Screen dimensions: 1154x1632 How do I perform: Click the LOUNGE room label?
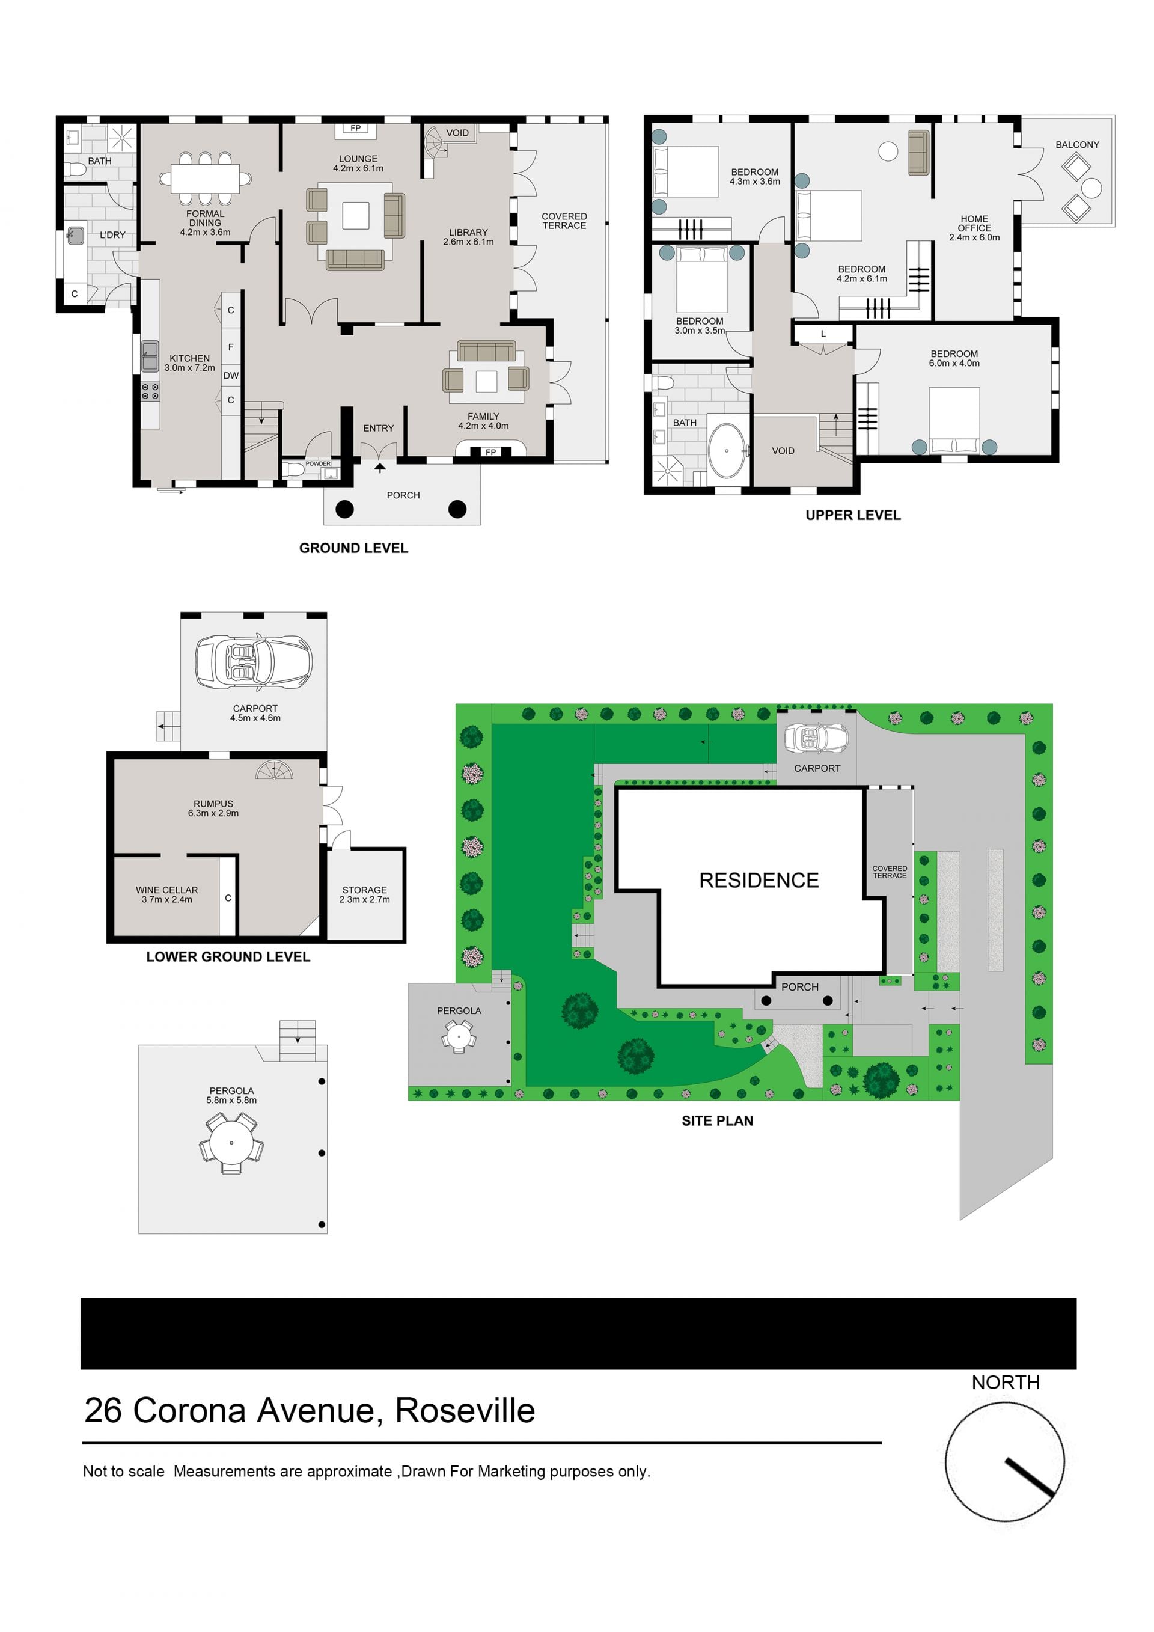pyautogui.click(x=358, y=159)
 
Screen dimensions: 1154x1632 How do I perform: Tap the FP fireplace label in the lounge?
pyautogui.click(x=355, y=128)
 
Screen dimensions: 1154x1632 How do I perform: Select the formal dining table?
pyautogui.click(x=206, y=179)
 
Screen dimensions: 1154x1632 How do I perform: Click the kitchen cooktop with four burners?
pyautogui.click(x=150, y=392)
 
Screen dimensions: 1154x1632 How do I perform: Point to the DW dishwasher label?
pyautogui.click(x=231, y=375)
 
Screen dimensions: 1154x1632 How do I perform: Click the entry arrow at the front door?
pyautogui.click(x=380, y=467)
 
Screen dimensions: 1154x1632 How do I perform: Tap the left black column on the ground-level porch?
pyautogui.click(x=344, y=509)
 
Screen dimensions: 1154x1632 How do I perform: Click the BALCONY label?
pyautogui.click(x=1076, y=144)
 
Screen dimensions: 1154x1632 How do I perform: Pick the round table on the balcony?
pyautogui.click(x=1091, y=188)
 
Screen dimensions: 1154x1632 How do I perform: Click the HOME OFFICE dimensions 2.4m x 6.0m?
pyautogui.click(x=974, y=237)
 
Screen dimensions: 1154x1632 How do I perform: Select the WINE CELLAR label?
pyautogui.click(x=167, y=890)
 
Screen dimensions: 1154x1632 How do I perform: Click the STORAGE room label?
pyautogui.click(x=365, y=890)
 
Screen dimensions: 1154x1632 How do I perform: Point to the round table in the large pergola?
pyautogui.click(x=231, y=1143)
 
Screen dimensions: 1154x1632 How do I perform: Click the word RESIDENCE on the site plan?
pyautogui.click(x=759, y=881)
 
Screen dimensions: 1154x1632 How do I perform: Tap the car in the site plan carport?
pyautogui.click(x=816, y=739)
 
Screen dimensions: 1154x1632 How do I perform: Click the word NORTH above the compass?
pyautogui.click(x=1006, y=1383)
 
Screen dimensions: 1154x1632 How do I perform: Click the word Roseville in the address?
pyautogui.click(x=465, y=1411)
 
